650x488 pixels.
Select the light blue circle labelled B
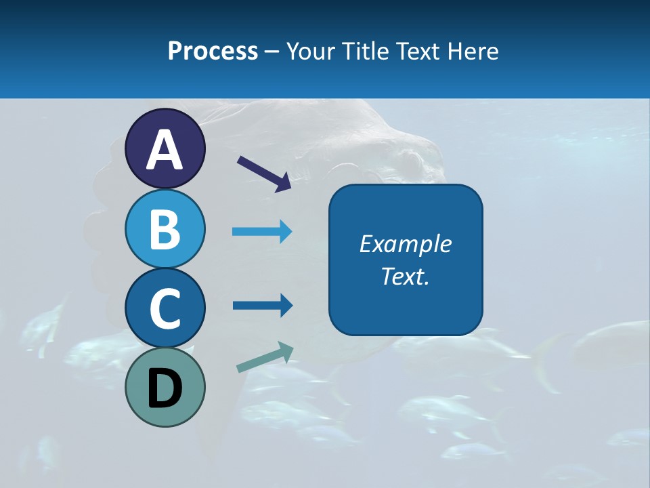pos(165,228)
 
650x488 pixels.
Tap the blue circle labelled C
pos(165,308)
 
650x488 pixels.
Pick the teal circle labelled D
pos(165,388)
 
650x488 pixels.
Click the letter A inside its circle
pos(165,150)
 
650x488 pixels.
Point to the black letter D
pos(165,389)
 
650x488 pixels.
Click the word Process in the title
pos(213,51)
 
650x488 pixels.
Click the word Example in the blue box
pos(405,244)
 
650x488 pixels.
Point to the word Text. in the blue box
pos(405,277)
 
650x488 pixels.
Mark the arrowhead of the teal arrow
pos(286,351)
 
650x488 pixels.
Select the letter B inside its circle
pos(165,230)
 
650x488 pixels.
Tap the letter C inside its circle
pos(165,309)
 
